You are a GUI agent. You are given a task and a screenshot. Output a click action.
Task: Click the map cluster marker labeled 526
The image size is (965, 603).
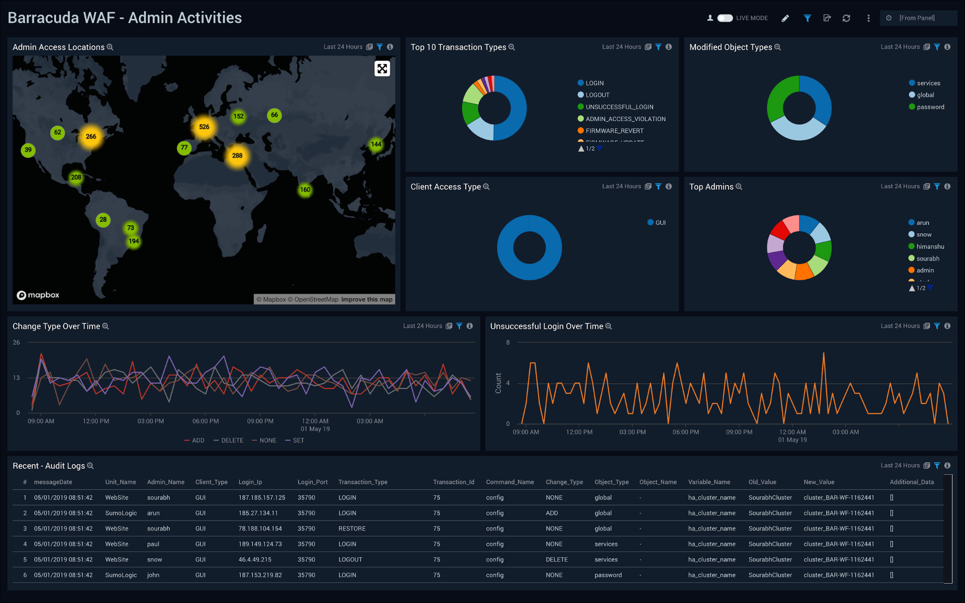[x=204, y=127]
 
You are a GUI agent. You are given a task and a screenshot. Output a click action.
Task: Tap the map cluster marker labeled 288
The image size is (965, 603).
[x=237, y=155]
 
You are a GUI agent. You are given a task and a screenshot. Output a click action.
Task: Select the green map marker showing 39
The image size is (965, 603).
[x=28, y=150]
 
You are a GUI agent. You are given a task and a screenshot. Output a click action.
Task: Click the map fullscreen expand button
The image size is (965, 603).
[x=382, y=69]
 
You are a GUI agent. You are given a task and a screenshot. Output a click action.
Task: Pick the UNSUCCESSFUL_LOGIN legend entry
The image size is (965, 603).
[x=619, y=107]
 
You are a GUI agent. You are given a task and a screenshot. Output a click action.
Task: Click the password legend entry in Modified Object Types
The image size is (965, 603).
[x=930, y=107]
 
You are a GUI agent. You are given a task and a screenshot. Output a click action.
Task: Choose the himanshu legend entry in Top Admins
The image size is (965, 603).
[x=930, y=246]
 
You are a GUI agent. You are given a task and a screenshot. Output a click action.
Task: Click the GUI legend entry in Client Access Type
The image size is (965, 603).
[x=660, y=223]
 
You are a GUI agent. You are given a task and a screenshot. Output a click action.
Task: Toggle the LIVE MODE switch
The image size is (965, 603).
[x=725, y=18]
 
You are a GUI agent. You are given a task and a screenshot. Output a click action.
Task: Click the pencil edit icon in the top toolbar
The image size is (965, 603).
[x=785, y=18]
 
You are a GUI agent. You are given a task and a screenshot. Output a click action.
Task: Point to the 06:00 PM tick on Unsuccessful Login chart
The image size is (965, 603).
[x=685, y=432]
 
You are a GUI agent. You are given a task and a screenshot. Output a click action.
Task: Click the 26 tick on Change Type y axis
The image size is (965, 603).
[x=16, y=342]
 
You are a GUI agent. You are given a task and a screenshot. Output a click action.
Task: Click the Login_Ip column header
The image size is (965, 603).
[x=250, y=482]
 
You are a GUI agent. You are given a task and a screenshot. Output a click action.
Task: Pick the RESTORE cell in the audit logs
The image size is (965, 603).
[x=352, y=529]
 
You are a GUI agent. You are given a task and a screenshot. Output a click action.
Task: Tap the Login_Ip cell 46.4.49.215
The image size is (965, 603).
[x=255, y=560]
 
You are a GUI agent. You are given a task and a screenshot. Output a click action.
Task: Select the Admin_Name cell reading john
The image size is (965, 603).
[x=153, y=575]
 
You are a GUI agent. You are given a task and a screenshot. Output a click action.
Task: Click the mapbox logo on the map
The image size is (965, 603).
[x=38, y=295]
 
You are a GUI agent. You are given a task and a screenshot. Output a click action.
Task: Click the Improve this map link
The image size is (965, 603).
[x=366, y=299]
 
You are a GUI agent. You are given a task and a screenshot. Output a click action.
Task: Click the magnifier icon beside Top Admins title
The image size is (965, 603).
[x=739, y=187]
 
